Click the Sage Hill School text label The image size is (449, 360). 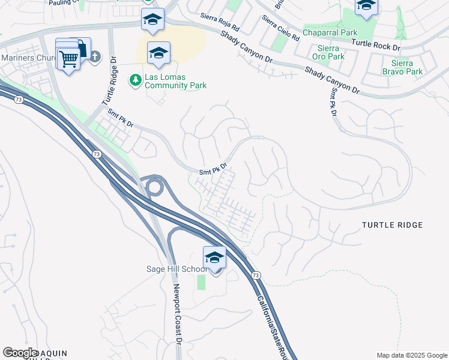176,269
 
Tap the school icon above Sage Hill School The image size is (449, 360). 214,257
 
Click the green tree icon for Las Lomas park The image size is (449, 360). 135,79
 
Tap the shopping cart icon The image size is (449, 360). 69,59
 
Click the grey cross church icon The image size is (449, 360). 95,58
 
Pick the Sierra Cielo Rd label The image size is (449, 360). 280,27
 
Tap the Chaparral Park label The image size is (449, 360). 330,32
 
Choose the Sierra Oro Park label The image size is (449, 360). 331,52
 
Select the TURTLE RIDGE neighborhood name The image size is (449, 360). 393,225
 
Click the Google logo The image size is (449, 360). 20,353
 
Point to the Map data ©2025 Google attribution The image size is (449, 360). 412,355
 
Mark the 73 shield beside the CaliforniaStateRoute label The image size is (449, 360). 256,275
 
